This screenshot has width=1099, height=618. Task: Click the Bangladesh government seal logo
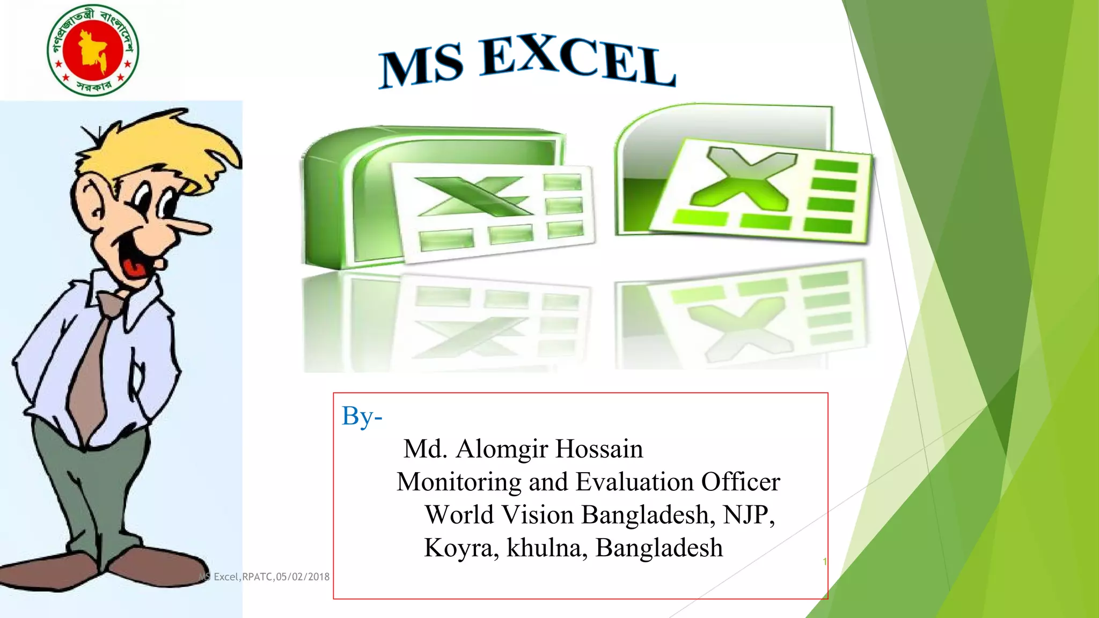click(93, 49)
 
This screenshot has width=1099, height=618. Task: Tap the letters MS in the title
click(421, 67)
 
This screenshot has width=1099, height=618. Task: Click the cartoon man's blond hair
click(166, 145)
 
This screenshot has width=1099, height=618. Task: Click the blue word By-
click(362, 416)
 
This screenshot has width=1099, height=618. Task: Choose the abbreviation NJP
click(746, 514)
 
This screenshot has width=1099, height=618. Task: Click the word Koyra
click(459, 548)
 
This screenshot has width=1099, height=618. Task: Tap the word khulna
click(543, 548)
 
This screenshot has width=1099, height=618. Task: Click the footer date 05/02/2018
click(303, 577)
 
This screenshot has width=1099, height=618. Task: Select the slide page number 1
click(825, 562)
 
